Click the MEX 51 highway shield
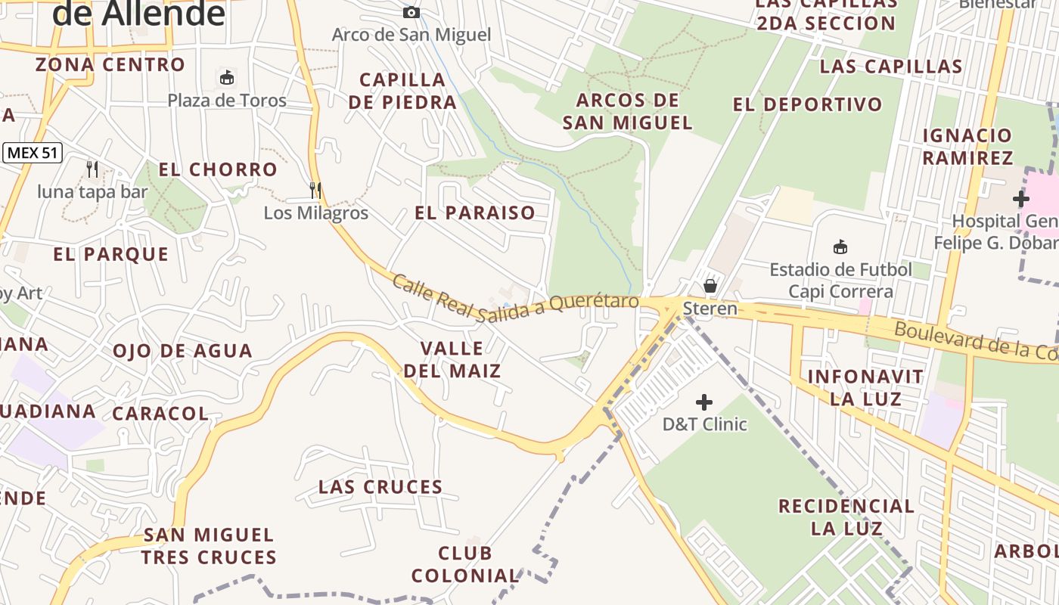click(x=32, y=153)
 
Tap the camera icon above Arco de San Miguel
click(x=411, y=12)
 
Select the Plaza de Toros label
click(x=227, y=101)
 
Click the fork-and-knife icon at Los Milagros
click(x=315, y=190)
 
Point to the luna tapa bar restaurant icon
click(x=92, y=169)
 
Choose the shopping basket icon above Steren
click(x=710, y=286)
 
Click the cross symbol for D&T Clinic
click(x=704, y=402)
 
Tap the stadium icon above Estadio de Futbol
click(x=840, y=247)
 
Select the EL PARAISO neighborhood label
click(x=475, y=213)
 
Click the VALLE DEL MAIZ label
click(x=452, y=360)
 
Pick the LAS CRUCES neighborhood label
click(x=380, y=487)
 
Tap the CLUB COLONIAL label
click(x=464, y=565)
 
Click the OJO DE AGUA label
click(x=182, y=351)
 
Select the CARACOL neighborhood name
click(x=160, y=414)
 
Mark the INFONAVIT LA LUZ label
click(x=865, y=387)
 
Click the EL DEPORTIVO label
click(x=808, y=105)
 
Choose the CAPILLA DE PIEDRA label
click(x=402, y=91)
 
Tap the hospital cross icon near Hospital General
click(x=1020, y=199)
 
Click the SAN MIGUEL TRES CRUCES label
click(x=209, y=547)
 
